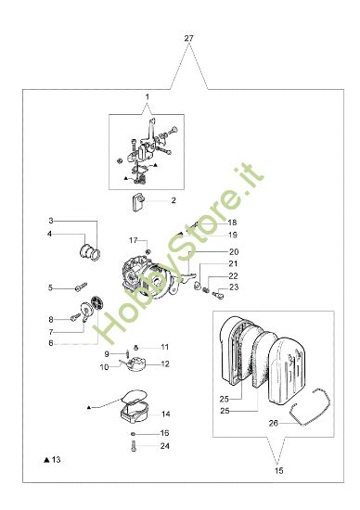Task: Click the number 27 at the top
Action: tap(189, 38)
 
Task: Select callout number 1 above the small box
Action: tap(147, 97)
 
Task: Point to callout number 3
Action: tap(52, 221)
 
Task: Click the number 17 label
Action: tap(133, 239)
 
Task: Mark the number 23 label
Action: tap(234, 287)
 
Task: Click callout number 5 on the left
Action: tap(52, 287)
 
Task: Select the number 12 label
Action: tap(165, 363)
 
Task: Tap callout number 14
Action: tap(165, 414)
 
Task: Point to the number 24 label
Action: tap(165, 446)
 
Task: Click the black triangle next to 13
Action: tap(45, 459)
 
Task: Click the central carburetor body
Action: tap(144, 274)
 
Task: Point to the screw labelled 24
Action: tap(136, 447)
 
